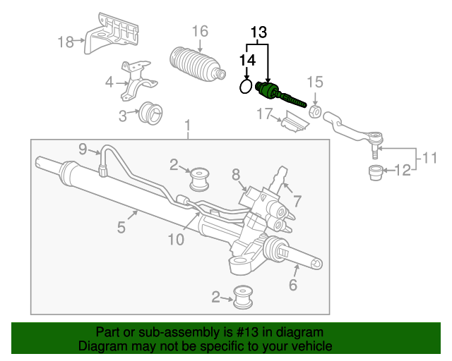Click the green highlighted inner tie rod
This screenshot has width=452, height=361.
tap(280, 94)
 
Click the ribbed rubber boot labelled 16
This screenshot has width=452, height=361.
tap(196, 64)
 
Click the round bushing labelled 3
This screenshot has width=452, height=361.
tap(150, 113)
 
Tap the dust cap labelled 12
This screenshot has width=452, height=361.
tap(376, 173)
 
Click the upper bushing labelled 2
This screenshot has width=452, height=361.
tap(199, 179)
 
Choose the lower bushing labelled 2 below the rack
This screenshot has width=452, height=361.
tap(243, 297)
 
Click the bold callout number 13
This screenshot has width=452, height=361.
tap(258, 32)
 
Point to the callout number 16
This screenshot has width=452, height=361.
tap(200, 31)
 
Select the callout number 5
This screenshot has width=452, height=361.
tap(121, 228)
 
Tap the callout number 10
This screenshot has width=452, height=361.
tap(176, 240)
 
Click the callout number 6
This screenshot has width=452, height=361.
tap(293, 285)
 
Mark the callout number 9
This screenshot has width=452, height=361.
tap(83, 149)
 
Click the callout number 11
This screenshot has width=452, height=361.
tap(429, 159)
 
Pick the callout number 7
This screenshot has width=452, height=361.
tap(297, 201)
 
